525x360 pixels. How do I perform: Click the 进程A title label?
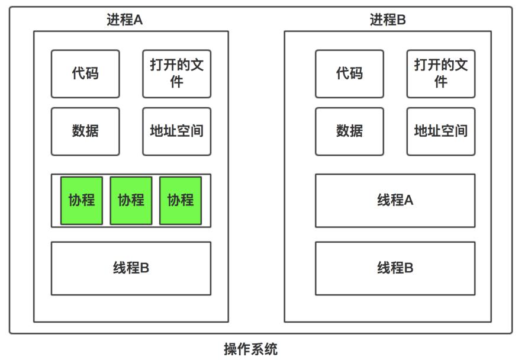[x=124, y=20]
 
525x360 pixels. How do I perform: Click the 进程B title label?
[x=388, y=20]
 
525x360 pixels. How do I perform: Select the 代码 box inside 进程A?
[x=85, y=74]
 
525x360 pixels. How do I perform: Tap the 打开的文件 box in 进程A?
[x=176, y=74]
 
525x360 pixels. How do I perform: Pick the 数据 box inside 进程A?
[x=85, y=131]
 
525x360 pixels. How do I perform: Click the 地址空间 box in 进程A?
[x=176, y=131]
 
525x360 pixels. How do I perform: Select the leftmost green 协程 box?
[x=82, y=201]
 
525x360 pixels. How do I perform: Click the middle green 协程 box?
[x=131, y=201]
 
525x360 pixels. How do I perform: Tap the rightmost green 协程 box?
[x=181, y=201]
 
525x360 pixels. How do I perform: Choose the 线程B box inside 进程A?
[x=131, y=268]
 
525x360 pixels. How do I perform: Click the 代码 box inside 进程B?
[x=349, y=74]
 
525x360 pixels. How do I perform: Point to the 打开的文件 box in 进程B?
[x=440, y=74]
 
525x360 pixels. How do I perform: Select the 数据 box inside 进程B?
[x=349, y=131]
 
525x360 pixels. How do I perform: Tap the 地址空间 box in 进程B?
[x=440, y=131]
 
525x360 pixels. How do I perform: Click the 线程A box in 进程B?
[x=395, y=201]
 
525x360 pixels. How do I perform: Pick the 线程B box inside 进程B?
[x=395, y=268]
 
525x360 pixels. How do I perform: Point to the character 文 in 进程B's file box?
[x=461, y=65]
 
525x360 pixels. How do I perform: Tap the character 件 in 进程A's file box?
[x=176, y=82]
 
